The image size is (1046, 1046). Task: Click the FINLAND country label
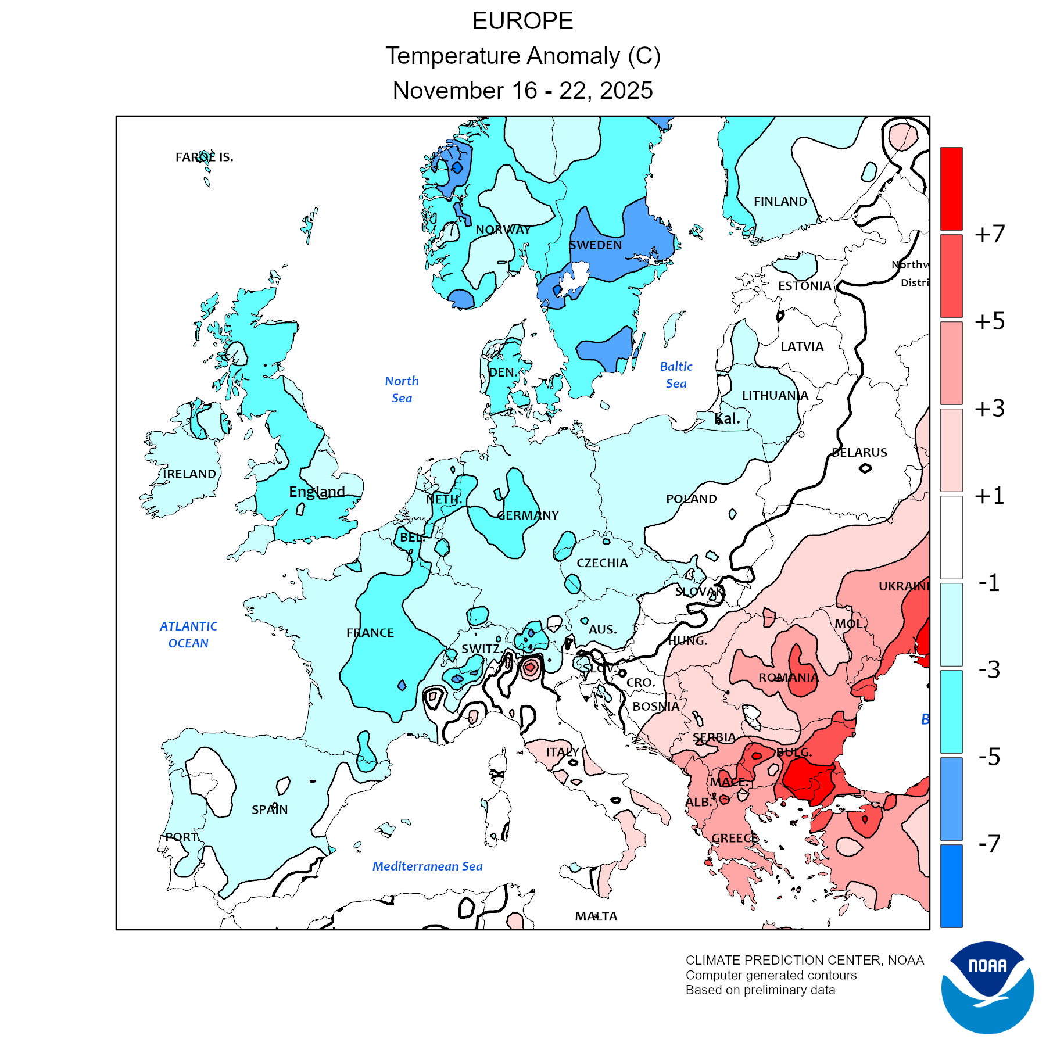click(780, 202)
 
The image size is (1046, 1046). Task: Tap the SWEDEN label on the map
click(595, 245)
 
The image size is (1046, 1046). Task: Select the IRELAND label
click(189, 474)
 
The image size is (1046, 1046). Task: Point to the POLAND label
click(691, 499)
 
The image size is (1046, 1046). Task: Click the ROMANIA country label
click(788, 678)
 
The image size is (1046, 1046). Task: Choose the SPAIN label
click(270, 809)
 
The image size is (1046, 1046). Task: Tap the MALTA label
click(596, 916)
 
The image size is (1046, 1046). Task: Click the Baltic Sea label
click(676, 375)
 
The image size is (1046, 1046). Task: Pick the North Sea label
click(402, 389)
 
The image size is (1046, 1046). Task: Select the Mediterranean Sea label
click(427, 866)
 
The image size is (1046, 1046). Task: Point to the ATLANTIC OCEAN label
click(188, 635)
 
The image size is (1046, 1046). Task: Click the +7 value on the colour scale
click(990, 234)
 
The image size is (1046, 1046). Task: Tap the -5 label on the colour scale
click(990, 757)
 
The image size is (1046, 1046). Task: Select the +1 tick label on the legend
click(990, 496)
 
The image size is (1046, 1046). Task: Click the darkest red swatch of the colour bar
click(951, 189)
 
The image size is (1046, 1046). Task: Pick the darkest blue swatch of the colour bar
click(951, 885)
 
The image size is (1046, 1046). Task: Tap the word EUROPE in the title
click(522, 22)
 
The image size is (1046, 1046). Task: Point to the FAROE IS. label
click(204, 157)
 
